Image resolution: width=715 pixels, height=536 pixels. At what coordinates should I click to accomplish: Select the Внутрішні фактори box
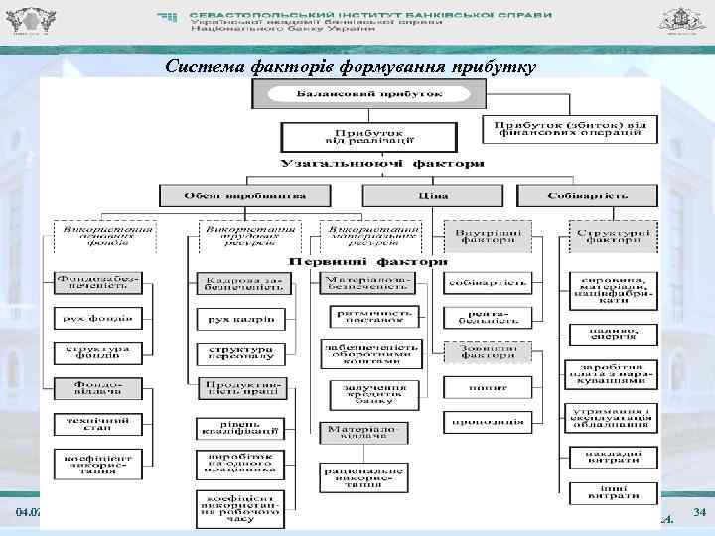[488, 235]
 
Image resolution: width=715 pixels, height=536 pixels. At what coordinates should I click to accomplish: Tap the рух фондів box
[98, 319]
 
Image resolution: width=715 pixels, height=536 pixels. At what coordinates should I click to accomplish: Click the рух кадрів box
[240, 319]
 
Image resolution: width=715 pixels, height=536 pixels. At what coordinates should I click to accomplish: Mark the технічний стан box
[98, 424]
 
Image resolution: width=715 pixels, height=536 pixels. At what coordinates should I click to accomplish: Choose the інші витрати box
[612, 491]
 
